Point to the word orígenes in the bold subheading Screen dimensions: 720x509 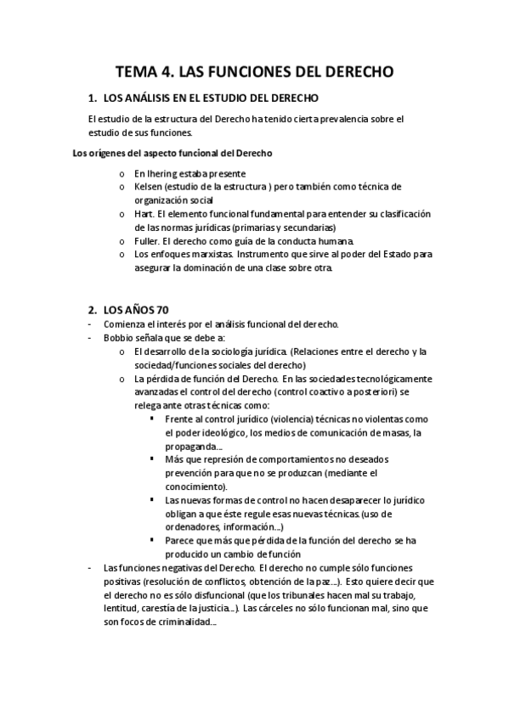(x=102, y=153)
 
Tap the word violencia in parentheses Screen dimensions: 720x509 (x=289, y=419)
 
